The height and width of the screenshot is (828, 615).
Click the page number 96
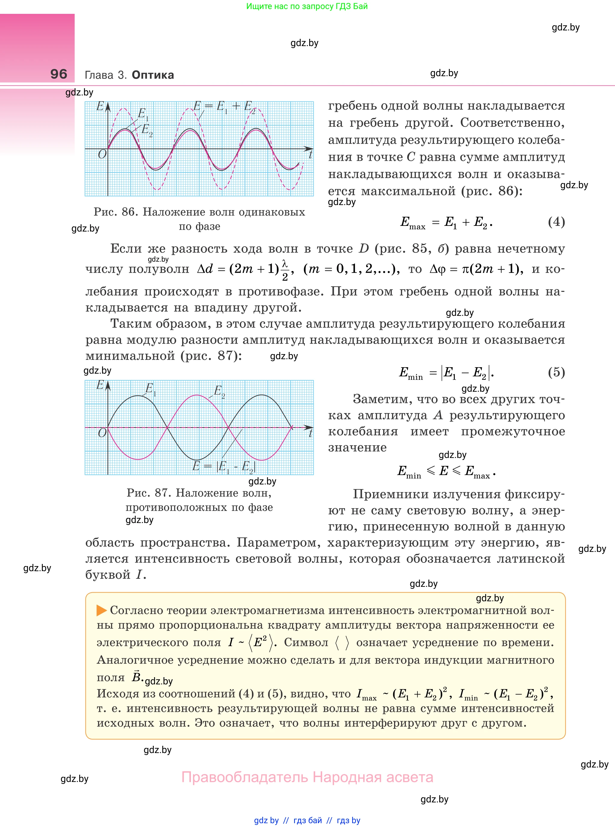(59, 74)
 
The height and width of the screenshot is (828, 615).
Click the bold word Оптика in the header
(153, 75)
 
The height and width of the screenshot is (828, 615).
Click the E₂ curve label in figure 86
(147, 130)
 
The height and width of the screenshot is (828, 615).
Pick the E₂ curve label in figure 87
(219, 391)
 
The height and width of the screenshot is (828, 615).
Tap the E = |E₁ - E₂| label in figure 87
(224, 466)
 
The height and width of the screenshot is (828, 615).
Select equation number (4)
(556, 222)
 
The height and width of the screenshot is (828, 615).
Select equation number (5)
(556, 372)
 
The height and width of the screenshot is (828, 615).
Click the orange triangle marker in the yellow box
(101, 610)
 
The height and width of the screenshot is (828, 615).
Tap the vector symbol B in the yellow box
(137, 676)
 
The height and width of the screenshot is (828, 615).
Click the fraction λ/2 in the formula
(285, 269)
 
